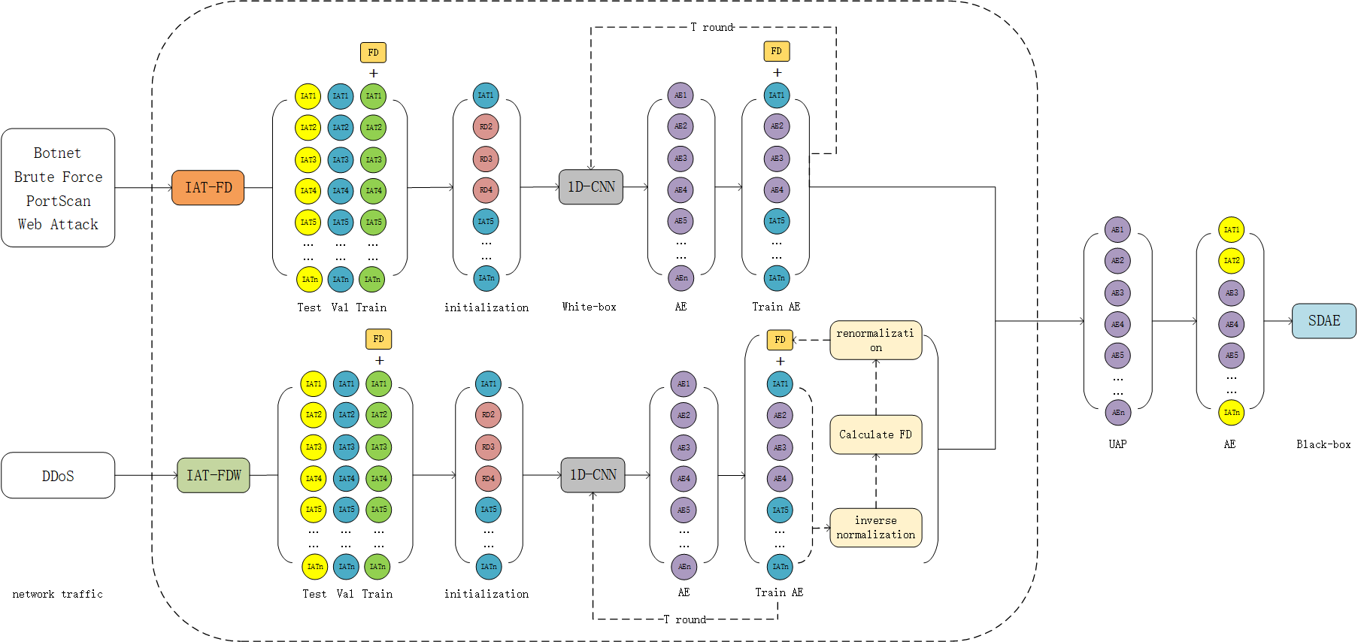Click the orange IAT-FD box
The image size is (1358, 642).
(x=208, y=187)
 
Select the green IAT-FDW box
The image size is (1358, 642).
(x=214, y=475)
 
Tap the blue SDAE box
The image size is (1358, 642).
(x=1323, y=321)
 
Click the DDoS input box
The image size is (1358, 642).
(x=58, y=475)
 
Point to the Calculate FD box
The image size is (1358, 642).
(x=875, y=435)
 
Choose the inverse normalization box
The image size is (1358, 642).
(x=875, y=527)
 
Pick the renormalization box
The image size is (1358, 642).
(x=875, y=340)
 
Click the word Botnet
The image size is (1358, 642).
(x=57, y=153)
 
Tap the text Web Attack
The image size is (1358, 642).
(x=58, y=224)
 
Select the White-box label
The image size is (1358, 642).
(x=589, y=307)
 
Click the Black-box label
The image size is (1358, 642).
(x=1323, y=444)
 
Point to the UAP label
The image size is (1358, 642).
(x=1117, y=444)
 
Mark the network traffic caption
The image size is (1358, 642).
(x=57, y=594)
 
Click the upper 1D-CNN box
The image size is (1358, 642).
(x=591, y=186)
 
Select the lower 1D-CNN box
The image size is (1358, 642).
(x=593, y=475)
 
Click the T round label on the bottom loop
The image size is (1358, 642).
(x=685, y=619)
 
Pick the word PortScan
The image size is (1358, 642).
(x=58, y=201)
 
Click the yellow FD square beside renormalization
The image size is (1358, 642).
(x=780, y=340)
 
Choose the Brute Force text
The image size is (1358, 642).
(x=58, y=177)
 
